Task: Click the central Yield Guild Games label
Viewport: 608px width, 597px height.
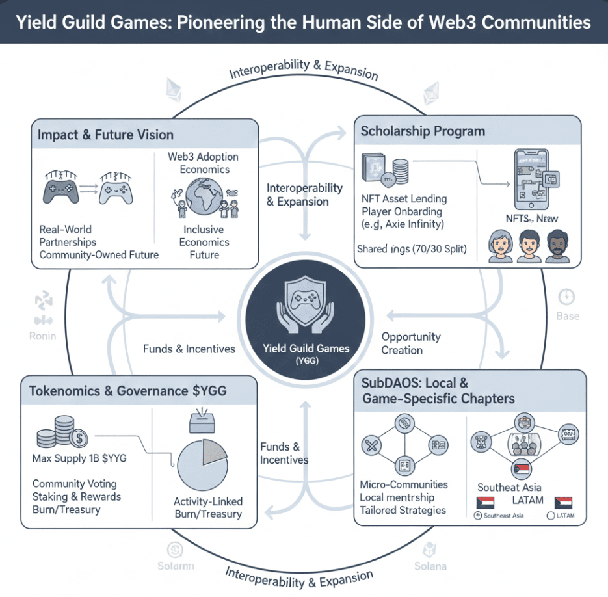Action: point(306,349)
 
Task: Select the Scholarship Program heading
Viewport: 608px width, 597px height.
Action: point(423,131)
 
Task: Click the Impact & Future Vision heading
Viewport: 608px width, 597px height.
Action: point(105,135)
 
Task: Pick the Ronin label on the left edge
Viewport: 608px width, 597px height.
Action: point(43,336)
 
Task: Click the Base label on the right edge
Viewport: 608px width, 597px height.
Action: point(567,316)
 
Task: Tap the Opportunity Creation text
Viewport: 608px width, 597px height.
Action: point(411,343)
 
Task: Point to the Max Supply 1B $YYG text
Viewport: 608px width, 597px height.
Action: point(79,458)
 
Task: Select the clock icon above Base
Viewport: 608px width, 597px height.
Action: point(567,297)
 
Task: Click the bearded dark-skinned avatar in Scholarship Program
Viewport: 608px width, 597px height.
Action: point(557,246)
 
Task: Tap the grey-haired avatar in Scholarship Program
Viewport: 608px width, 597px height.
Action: point(500,246)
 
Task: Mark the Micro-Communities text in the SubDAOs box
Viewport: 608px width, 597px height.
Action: point(403,484)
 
